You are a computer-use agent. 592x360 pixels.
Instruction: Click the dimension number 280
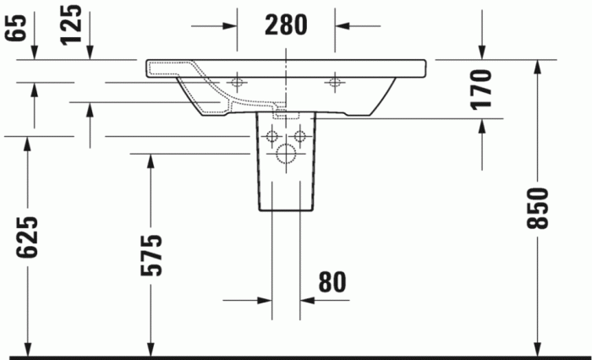click(x=286, y=25)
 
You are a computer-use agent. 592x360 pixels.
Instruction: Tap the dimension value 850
click(x=537, y=208)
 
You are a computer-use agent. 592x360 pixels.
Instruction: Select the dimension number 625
click(x=27, y=237)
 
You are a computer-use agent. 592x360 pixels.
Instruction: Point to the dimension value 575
click(x=151, y=255)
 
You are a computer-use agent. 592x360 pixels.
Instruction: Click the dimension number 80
click(x=332, y=282)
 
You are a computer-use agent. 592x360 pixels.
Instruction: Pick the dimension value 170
click(x=482, y=90)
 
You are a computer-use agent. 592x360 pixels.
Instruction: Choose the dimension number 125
click(x=71, y=25)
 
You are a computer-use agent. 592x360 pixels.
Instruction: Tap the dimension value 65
click(x=16, y=27)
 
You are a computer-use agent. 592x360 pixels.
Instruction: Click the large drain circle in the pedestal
click(x=286, y=154)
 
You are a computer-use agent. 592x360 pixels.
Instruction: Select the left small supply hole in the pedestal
click(x=271, y=136)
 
